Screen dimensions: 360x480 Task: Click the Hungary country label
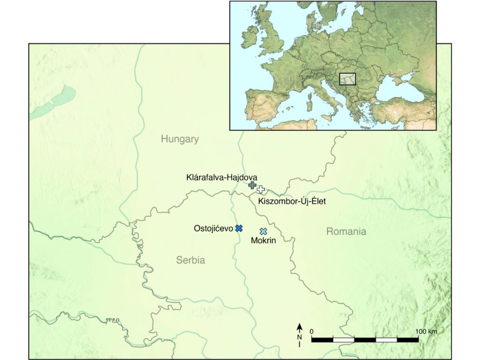click(180, 139)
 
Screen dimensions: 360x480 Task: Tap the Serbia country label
click(191, 260)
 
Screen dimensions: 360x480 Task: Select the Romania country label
click(346, 232)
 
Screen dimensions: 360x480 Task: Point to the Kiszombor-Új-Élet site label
click(292, 201)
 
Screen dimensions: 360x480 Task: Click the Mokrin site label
click(263, 241)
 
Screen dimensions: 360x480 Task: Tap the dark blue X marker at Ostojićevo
click(239, 228)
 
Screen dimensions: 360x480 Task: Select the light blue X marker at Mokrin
click(263, 231)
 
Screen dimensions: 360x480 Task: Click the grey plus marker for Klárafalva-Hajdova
click(252, 185)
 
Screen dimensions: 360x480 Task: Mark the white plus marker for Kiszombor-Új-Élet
click(261, 189)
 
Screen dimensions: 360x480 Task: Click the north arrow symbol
click(300, 331)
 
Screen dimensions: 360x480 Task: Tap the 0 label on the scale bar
click(312, 332)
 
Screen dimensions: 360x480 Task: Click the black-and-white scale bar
click(365, 340)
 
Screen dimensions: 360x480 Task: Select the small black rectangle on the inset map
click(348, 79)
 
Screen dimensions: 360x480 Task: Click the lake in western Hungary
click(54, 102)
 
